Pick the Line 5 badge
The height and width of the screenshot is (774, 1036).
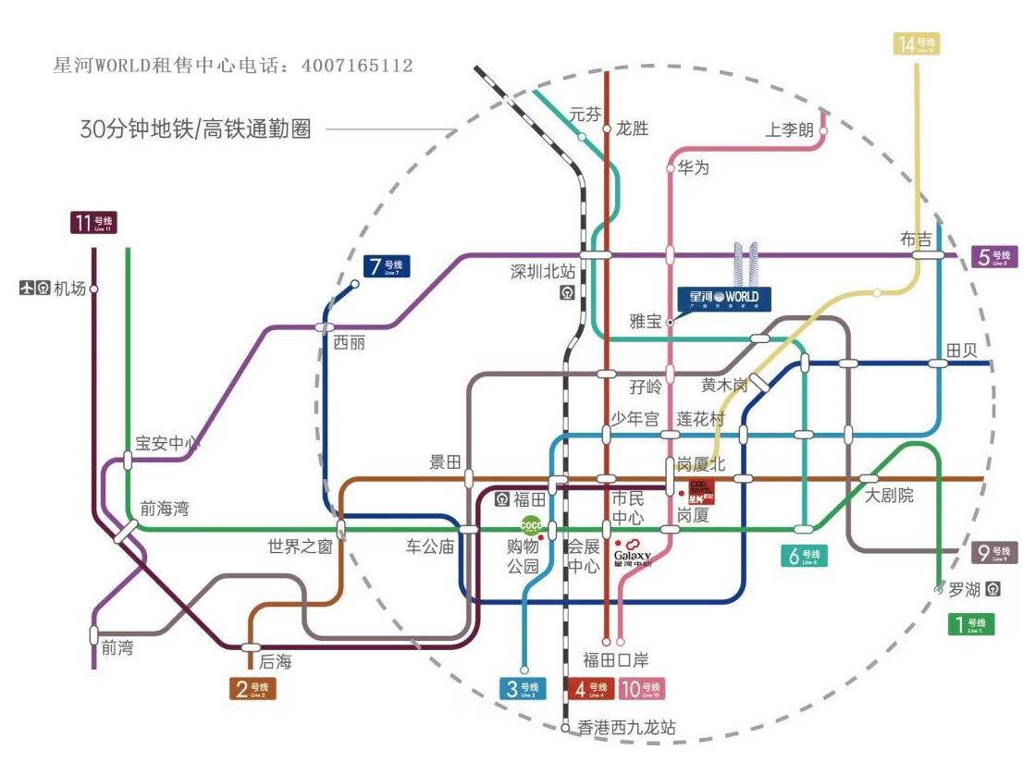point(995,257)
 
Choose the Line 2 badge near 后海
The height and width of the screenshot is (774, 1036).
point(253,688)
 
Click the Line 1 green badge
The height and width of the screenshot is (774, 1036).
point(971,624)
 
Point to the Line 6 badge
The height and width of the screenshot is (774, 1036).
point(804,556)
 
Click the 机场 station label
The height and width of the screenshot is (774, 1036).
point(68,289)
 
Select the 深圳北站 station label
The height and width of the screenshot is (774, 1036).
point(543,272)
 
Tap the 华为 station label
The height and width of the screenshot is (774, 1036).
point(694,168)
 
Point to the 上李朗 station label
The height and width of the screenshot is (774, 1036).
point(789,130)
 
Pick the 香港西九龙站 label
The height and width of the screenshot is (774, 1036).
point(626,728)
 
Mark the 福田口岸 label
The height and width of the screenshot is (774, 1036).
point(615,659)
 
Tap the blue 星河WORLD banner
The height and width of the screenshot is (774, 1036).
point(724,298)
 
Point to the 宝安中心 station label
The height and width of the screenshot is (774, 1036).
point(167,443)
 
